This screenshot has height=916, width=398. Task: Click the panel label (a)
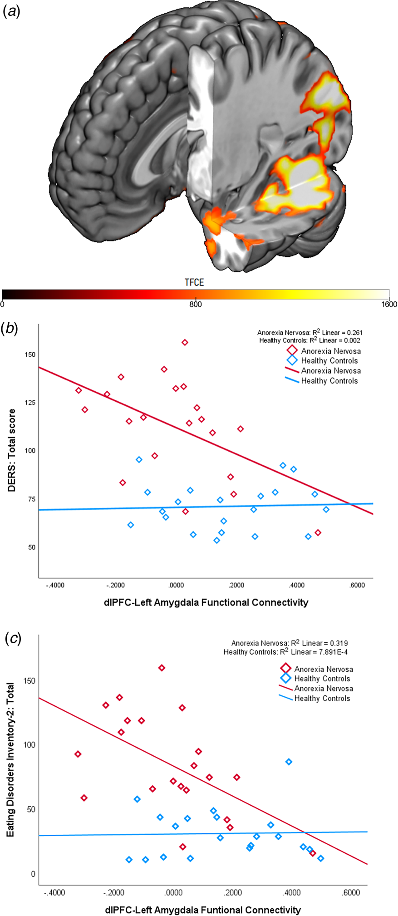11,12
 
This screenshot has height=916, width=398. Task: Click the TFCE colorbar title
194,282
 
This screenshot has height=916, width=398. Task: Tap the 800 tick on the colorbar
196,304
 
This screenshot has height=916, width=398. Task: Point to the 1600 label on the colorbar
388,304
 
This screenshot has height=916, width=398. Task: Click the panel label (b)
11,329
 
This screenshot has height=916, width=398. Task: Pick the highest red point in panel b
185,342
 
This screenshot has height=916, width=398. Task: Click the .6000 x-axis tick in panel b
357,586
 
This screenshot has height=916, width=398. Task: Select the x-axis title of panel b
206,603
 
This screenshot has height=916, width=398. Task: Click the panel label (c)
11,638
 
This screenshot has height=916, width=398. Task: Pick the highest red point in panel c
162,668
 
